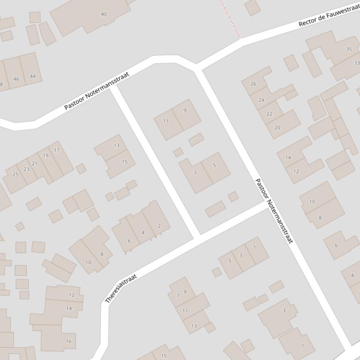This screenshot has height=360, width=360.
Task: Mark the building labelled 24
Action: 262,99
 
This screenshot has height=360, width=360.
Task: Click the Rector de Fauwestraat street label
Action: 329,15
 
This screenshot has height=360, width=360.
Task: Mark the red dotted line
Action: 230,19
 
